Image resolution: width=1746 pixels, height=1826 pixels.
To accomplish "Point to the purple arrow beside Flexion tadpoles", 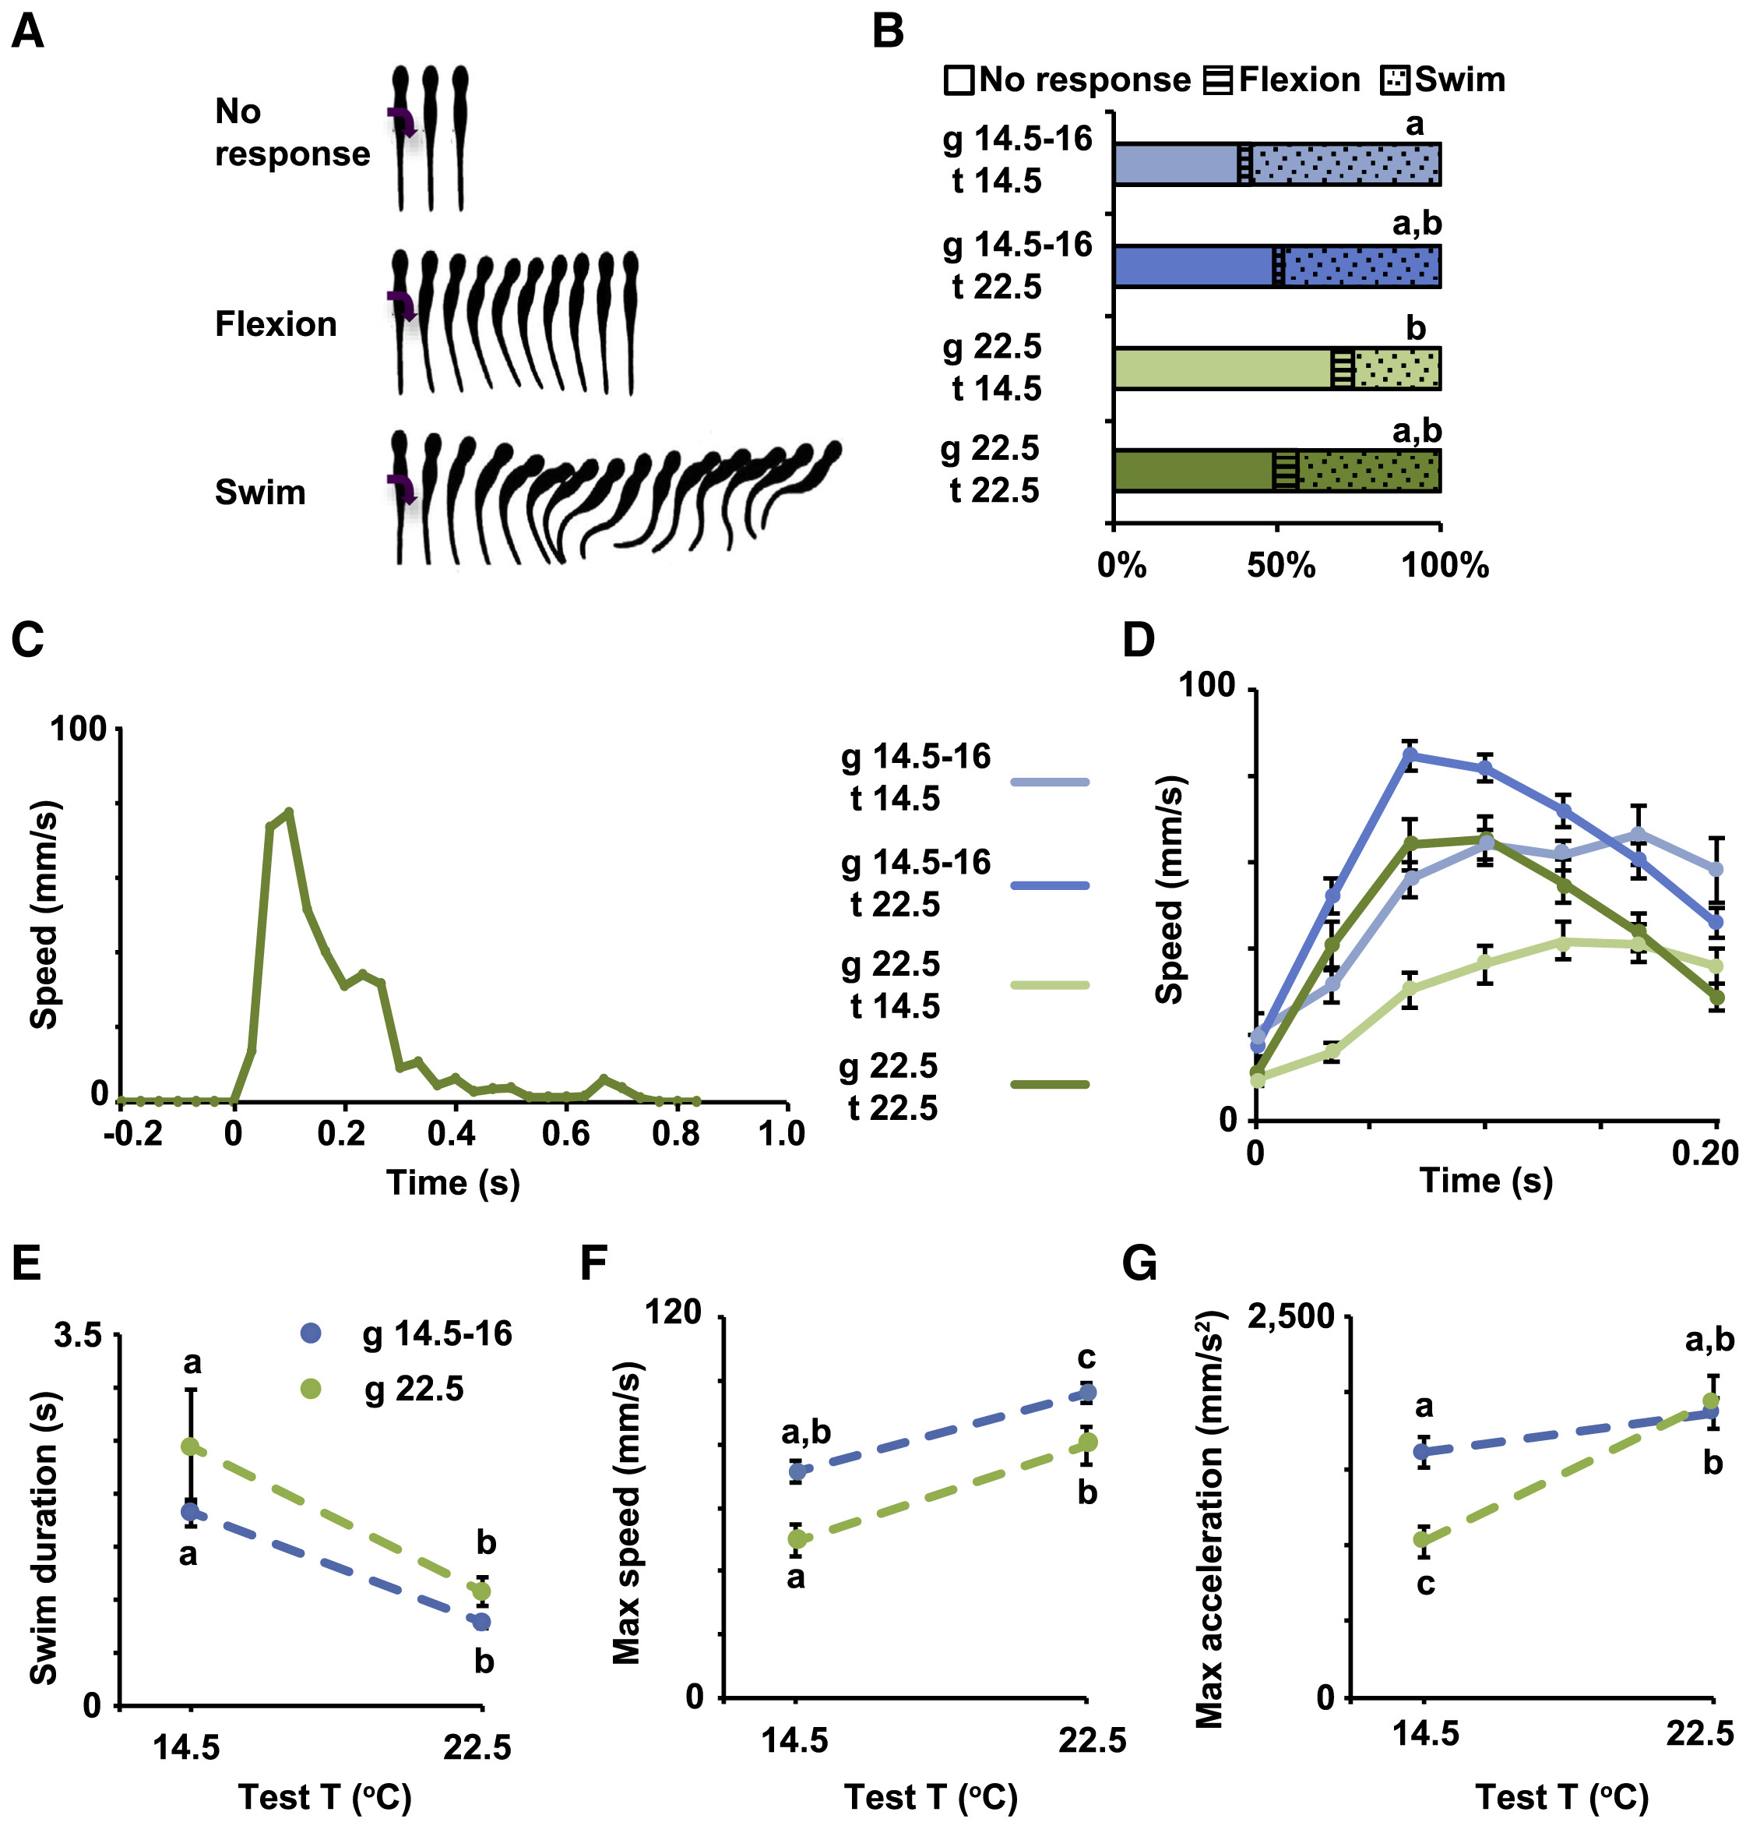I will point(402,305).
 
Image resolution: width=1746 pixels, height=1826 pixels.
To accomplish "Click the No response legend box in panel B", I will point(959,81).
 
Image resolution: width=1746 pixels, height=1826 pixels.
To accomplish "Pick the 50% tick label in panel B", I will point(1280,566).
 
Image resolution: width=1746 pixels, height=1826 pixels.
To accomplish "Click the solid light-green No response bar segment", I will point(1222,369).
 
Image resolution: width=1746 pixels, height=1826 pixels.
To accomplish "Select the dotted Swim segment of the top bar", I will point(1346,164).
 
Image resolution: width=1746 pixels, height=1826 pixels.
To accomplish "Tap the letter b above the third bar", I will point(1416,328).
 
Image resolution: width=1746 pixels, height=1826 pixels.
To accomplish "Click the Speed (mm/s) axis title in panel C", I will point(44,914).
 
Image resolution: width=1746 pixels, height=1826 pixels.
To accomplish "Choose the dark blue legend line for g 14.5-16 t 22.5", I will point(1049,885).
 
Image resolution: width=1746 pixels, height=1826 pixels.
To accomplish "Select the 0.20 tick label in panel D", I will point(1705,1153).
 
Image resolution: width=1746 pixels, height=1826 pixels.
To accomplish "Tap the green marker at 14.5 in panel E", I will point(191,1447).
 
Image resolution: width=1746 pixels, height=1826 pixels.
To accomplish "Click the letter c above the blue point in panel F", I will point(1086,1358).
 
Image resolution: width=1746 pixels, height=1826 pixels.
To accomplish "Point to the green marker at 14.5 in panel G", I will point(1422,1539).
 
